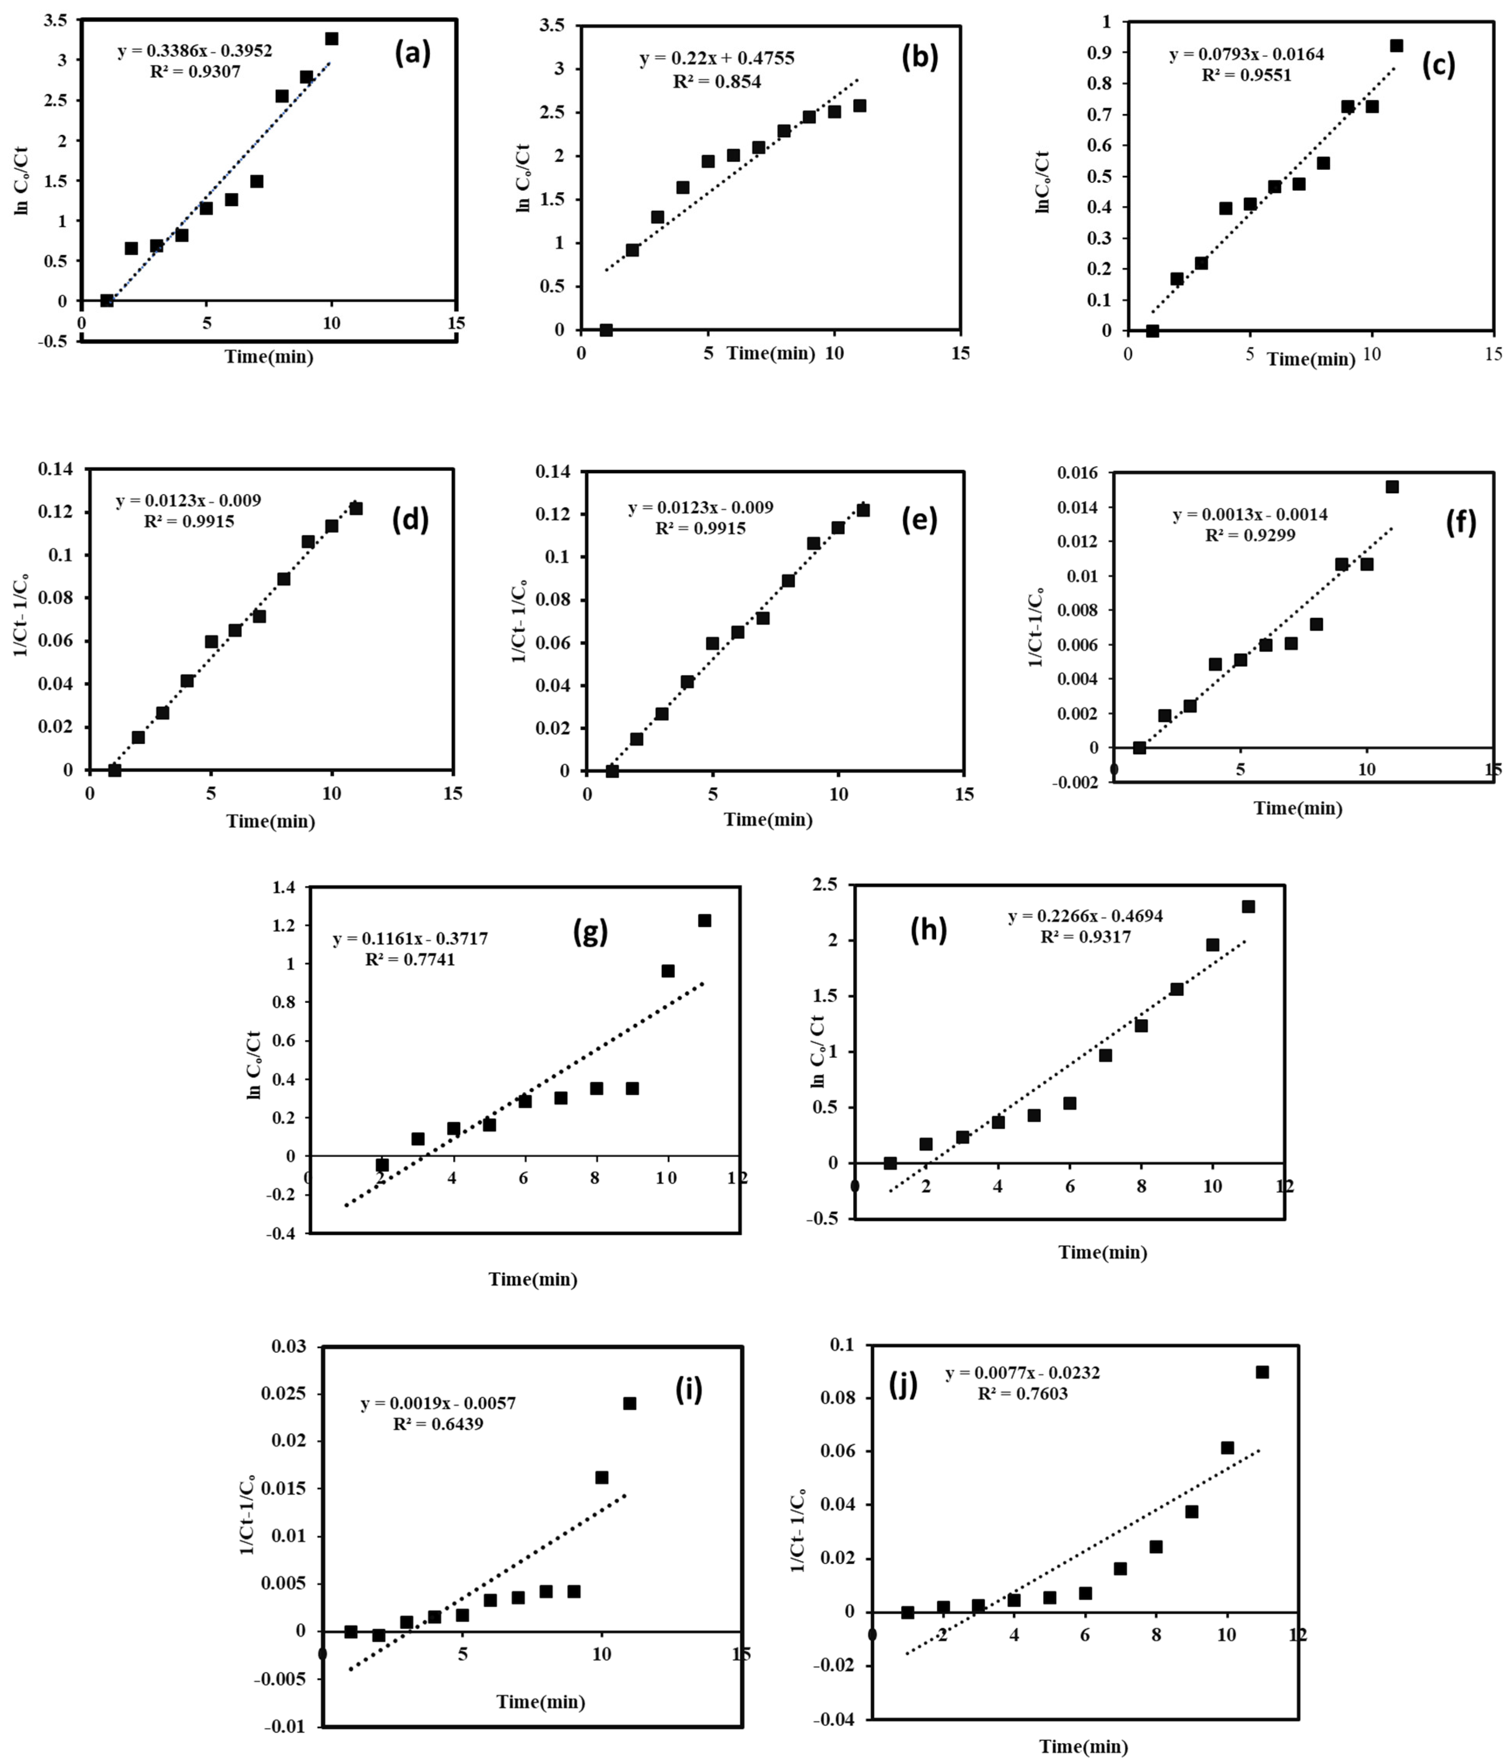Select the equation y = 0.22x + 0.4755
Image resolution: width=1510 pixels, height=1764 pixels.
(717, 59)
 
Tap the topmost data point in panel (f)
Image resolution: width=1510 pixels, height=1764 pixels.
(1392, 487)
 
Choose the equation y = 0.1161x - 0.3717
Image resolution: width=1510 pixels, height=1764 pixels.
(410, 939)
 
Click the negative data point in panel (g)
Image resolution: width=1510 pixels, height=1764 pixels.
(382, 1165)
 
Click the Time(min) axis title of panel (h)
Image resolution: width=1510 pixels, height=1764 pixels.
(1102, 1252)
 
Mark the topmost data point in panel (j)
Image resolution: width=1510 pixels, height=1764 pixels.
(1262, 1371)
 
